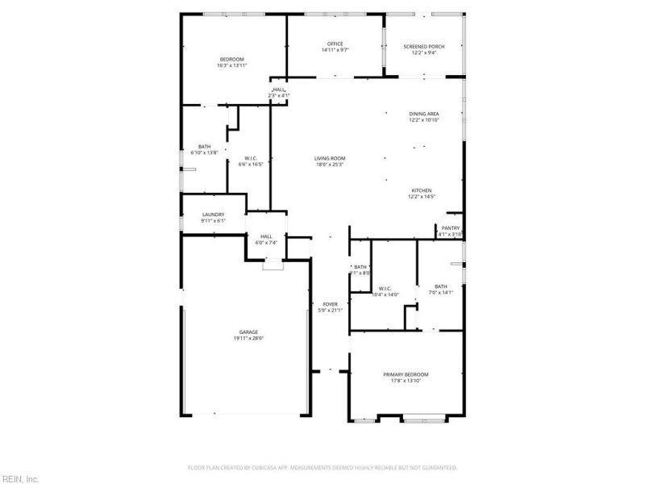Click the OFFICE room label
pos(335,44)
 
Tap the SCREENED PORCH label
pos(420,47)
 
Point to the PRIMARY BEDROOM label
pos(406,374)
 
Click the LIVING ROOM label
pos(331,158)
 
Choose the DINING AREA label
pos(423,115)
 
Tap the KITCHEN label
pos(422,190)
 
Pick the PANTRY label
pos(450,228)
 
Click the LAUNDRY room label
pos(213,215)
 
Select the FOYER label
pos(331,304)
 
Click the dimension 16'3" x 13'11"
pos(232,65)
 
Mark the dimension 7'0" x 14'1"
pos(441,292)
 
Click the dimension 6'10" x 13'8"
pos(205,152)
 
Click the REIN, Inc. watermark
pos(20,478)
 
